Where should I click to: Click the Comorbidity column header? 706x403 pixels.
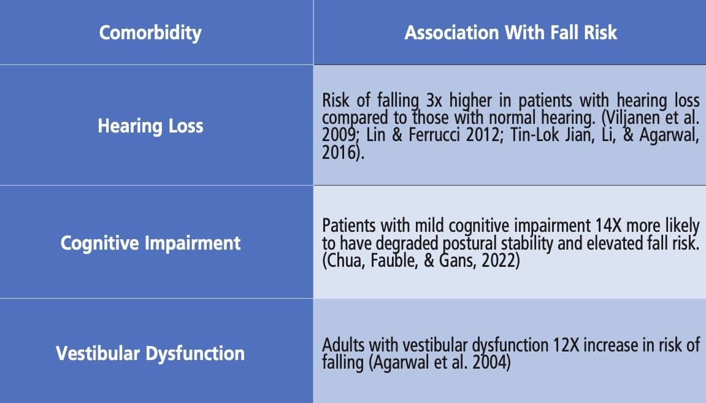tap(150, 33)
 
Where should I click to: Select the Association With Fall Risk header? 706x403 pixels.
tap(510, 33)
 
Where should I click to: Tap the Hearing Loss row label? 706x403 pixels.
tap(150, 126)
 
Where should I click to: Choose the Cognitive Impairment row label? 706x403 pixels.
tap(150, 243)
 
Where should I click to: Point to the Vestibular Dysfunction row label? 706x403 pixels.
tap(150, 353)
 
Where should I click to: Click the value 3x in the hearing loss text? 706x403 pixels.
tap(434, 101)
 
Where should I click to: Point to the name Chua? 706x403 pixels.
tap(345, 261)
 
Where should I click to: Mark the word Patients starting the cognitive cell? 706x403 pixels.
tap(349, 226)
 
